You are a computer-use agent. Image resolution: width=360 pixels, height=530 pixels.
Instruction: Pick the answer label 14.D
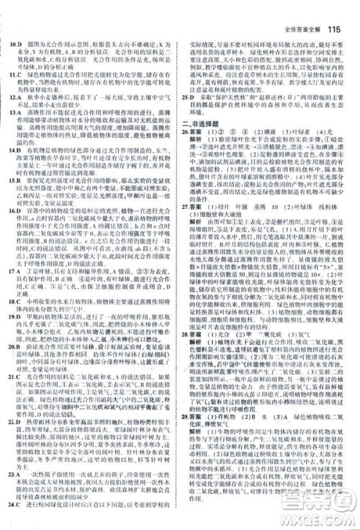click(x=16, y=148)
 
